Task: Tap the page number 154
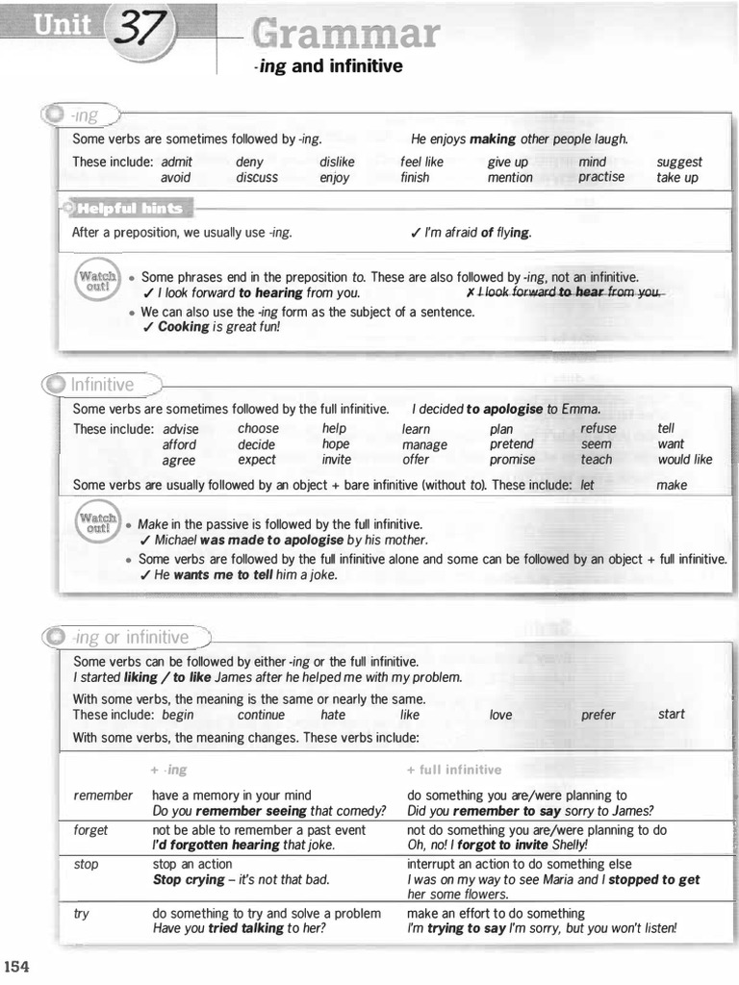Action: click(x=17, y=967)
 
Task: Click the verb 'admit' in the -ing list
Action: click(x=177, y=163)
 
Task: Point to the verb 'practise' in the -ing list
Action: click(x=601, y=177)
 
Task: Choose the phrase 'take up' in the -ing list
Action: click(x=677, y=178)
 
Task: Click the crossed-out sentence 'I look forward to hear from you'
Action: click(x=564, y=292)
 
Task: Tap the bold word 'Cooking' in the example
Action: click(x=183, y=326)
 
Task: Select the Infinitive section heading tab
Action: click(x=102, y=385)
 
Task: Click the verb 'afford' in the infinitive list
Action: click(x=179, y=444)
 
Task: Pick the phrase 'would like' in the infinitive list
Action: click(x=685, y=460)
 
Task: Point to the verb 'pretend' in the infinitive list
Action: click(x=511, y=444)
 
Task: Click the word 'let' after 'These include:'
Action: click(x=588, y=485)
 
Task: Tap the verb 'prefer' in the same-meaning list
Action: click(x=598, y=715)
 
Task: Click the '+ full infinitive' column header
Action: click(x=454, y=770)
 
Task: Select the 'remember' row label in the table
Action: click(x=103, y=796)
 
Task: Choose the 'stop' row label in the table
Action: click(x=86, y=864)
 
